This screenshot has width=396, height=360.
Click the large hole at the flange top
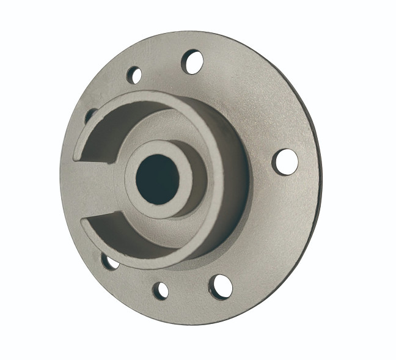tap(193, 62)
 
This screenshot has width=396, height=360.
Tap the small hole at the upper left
tap(134, 75)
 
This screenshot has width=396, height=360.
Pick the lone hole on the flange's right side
tap(285, 161)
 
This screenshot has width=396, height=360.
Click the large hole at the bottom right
tap(221, 286)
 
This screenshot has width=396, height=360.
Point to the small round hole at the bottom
tap(161, 290)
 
